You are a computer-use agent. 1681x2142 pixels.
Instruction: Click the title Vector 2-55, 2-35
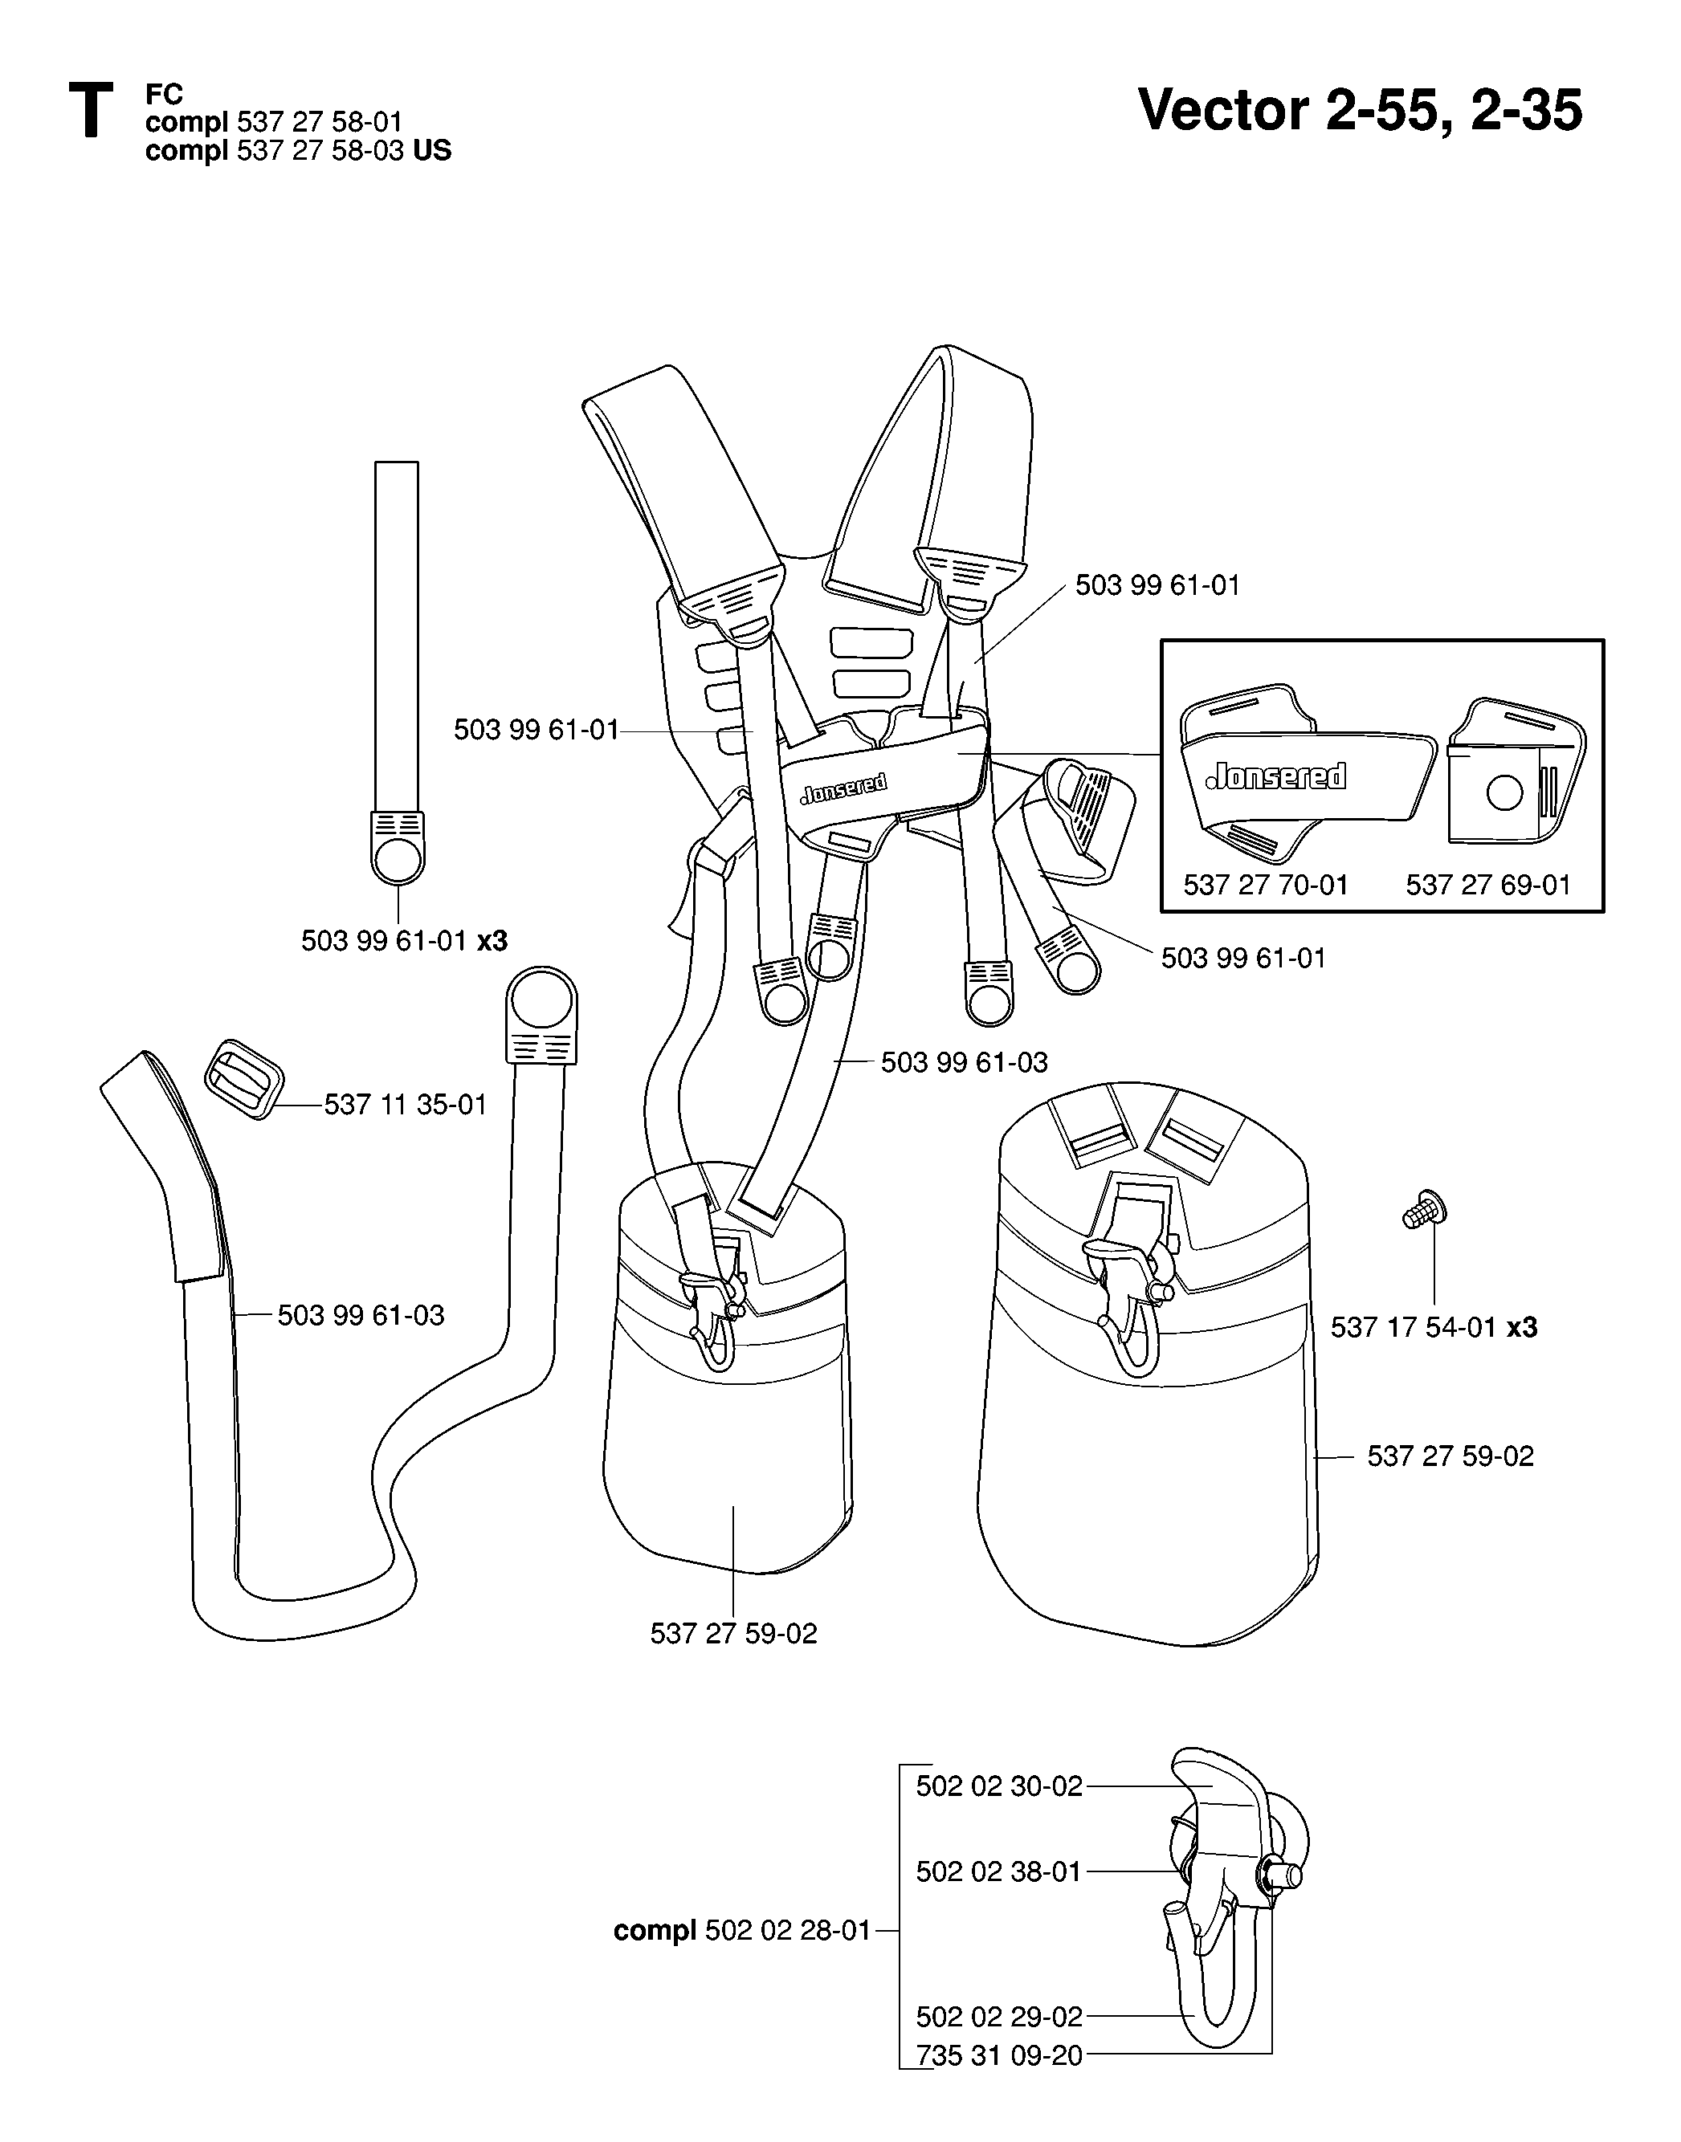[x=1361, y=110]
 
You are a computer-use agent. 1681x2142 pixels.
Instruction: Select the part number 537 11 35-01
[x=406, y=1105]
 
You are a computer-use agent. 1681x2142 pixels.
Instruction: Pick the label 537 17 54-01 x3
[x=1434, y=1327]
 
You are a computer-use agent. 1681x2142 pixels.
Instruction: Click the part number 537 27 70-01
[x=1265, y=886]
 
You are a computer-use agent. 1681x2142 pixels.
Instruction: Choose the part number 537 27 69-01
[x=1488, y=886]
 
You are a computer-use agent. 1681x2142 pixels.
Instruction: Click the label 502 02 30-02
[x=999, y=1786]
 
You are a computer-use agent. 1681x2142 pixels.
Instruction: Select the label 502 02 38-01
[x=999, y=1871]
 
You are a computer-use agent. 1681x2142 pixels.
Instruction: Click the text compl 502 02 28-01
[x=742, y=1932]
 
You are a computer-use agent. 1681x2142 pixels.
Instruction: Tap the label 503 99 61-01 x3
[x=405, y=942]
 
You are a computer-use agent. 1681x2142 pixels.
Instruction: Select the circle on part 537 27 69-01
[x=1504, y=792]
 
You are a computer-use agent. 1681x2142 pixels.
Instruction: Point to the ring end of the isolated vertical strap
[x=398, y=857]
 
